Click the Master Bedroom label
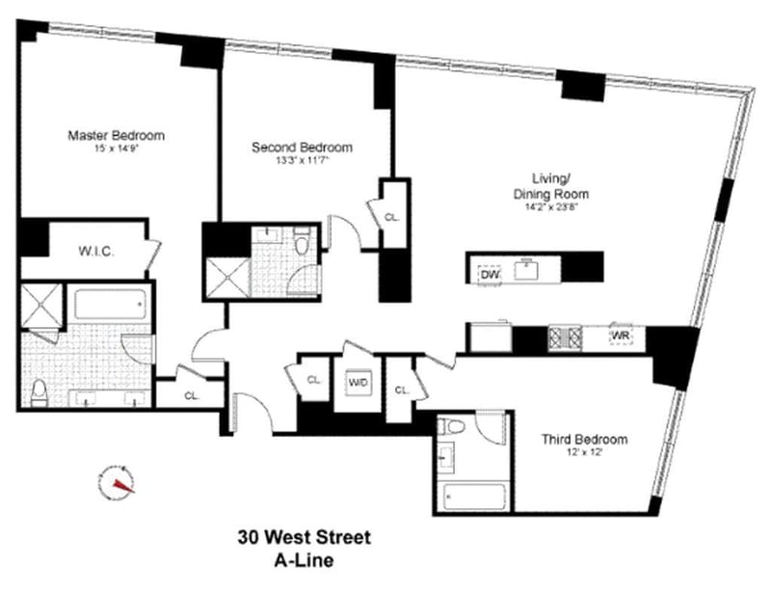[x=116, y=135]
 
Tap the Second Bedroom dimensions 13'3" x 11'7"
[x=302, y=162]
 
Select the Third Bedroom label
[x=583, y=440]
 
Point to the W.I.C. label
[x=96, y=252]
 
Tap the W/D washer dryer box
[x=359, y=382]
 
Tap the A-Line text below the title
[x=290, y=557]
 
